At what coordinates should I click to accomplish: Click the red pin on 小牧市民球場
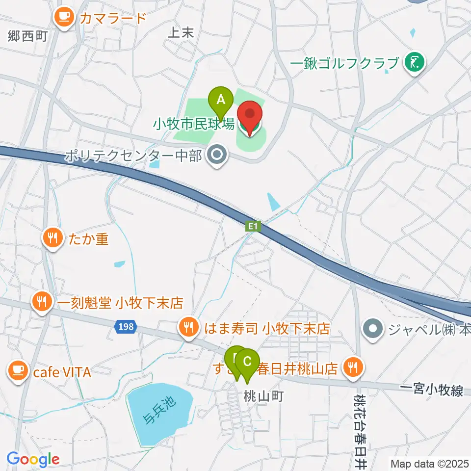(x=250, y=116)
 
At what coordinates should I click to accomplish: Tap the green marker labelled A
(x=221, y=100)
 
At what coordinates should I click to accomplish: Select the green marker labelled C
(x=248, y=363)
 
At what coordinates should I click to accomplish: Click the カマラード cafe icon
(x=63, y=18)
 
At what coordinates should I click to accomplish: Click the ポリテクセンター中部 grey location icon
(x=216, y=156)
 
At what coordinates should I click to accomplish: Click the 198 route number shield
(x=126, y=327)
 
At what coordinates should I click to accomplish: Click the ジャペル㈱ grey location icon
(x=373, y=327)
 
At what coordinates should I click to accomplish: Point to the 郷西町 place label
(x=27, y=35)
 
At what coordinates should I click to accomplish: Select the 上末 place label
(x=182, y=33)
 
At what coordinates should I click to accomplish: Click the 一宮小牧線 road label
(x=432, y=391)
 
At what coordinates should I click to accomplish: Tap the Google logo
(x=33, y=459)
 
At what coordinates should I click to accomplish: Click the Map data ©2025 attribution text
(x=429, y=463)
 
